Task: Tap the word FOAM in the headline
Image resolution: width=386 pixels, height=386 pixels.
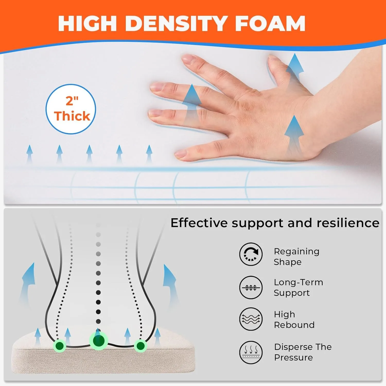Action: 270,23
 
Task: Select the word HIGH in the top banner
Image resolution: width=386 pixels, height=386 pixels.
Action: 87,23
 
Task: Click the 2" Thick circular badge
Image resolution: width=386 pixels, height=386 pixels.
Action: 71,109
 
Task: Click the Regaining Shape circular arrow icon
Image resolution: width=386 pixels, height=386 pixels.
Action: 251,254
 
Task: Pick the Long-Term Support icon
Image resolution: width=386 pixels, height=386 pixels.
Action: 251,287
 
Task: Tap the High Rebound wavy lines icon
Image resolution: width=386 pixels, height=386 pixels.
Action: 251,319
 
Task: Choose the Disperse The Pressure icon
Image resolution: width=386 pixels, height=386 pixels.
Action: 251,352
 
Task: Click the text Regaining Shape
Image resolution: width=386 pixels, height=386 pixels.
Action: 296,257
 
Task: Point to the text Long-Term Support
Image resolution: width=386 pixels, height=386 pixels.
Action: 298,287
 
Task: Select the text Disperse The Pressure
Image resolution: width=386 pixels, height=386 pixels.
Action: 303,352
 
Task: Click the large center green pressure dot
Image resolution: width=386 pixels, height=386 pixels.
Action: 99,341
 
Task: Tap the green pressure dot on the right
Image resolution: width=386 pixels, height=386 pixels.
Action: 141,346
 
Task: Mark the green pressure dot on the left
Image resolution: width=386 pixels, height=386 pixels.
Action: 59,346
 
